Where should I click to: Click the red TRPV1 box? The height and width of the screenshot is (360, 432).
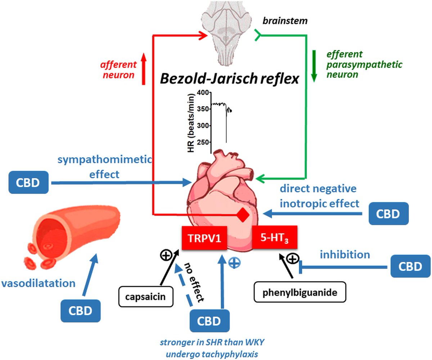click(204, 238)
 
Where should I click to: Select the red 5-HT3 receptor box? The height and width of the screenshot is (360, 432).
click(275, 237)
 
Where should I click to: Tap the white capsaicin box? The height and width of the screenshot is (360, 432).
click(146, 297)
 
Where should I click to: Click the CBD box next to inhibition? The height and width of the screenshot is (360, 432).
click(410, 266)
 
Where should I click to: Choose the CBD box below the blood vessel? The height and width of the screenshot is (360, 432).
click(81, 311)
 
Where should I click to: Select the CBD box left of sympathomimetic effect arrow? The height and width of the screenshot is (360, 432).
click(28, 182)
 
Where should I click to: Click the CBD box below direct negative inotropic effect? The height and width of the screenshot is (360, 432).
click(388, 213)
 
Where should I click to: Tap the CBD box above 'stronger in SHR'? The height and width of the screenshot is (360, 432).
click(210, 321)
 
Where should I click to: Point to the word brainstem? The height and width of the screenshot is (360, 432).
click(285, 21)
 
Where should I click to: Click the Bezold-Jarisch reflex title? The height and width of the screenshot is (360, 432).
click(230, 79)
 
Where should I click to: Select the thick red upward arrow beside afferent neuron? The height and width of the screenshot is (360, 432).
click(143, 68)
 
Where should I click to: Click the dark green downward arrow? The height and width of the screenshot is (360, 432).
click(314, 66)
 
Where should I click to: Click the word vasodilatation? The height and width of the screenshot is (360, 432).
click(39, 283)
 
